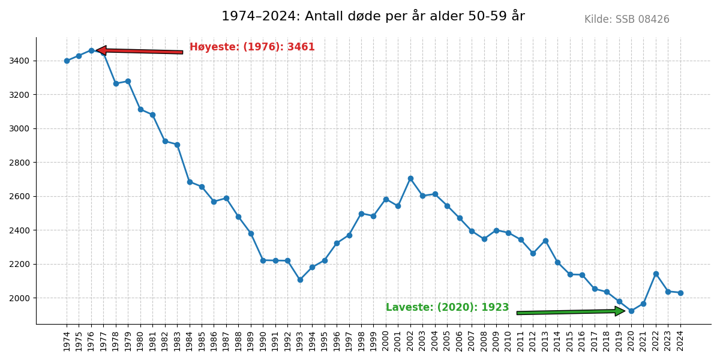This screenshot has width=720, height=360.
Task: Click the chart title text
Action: tap(373, 16)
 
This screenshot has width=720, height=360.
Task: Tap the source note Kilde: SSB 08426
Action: tap(626, 20)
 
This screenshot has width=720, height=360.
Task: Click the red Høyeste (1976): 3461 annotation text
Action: tap(252, 47)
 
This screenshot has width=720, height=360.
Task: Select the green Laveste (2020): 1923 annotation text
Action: tap(447, 308)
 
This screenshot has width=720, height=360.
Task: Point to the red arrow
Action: tap(139, 52)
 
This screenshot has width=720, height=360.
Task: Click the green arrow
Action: tap(570, 311)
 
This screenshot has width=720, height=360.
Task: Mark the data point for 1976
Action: tap(91, 50)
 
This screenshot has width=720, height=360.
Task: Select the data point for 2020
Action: tap(631, 311)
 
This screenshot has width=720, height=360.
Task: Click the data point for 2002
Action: tap(410, 178)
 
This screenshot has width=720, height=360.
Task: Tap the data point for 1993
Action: tap(300, 280)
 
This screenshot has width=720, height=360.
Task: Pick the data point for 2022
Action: tap(656, 274)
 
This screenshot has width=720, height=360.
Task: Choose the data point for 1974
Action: tap(67, 61)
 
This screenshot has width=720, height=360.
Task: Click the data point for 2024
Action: tap(680, 293)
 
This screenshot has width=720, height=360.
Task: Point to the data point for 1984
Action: tap(190, 182)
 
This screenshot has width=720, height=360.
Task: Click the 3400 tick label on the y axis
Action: tap(19, 61)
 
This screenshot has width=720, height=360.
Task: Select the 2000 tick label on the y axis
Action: tap(19, 298)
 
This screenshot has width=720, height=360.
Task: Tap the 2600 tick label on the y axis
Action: tap(19, 196)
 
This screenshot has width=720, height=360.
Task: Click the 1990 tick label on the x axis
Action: tap(263, 341)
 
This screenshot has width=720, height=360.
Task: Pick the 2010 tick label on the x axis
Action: tap(508, 341)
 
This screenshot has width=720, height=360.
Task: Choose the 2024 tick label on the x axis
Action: tap(680, 341)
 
